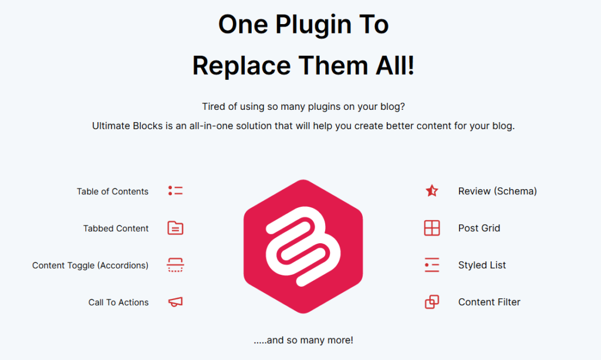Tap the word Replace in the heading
241,65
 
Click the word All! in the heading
395,65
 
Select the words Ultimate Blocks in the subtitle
127,126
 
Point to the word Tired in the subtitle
214,106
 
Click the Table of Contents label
112,191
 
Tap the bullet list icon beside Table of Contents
175,190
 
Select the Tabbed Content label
116,228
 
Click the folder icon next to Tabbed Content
175,228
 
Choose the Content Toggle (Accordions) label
90,265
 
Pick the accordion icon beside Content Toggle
175,265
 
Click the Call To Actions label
119,302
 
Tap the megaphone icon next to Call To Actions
175,302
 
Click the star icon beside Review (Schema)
432,190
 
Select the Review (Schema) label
498,191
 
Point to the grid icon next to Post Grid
432,228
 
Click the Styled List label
482,265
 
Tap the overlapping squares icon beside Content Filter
432,302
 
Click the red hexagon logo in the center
303,247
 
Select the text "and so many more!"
310,340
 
